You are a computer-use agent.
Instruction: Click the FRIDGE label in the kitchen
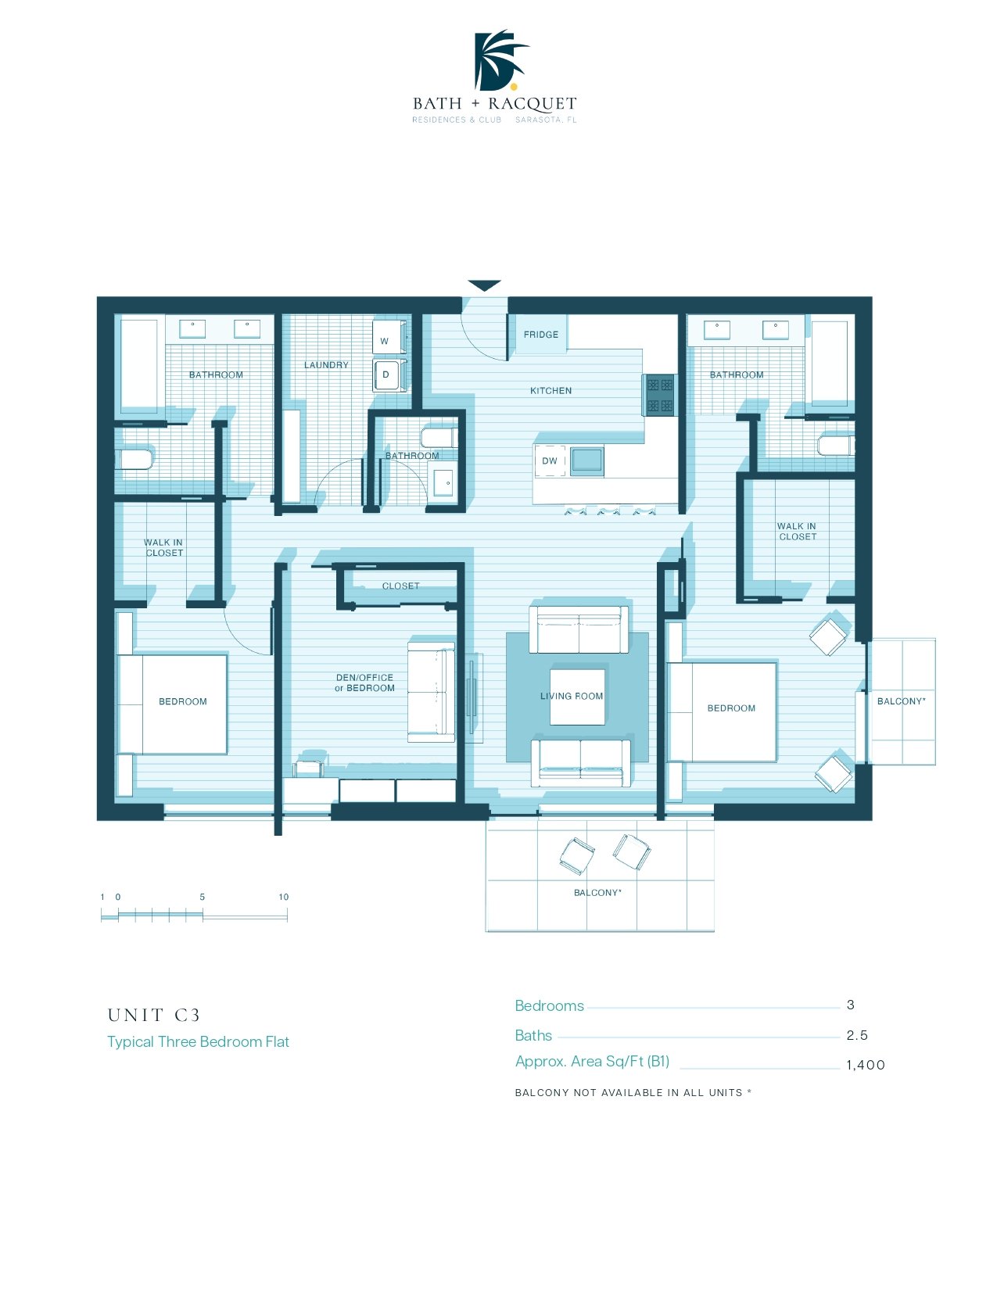(540, 334)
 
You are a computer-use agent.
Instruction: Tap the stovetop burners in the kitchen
(660, 395)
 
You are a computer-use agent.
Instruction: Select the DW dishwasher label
(549, 460)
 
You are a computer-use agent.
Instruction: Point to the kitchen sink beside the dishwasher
(586, 462)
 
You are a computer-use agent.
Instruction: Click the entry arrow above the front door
(484, 285)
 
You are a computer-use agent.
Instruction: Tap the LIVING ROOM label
(572, 696)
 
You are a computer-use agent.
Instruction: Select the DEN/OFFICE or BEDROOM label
(364, 683)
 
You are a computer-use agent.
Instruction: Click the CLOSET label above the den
(401, 586)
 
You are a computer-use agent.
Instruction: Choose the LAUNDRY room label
(326, 364)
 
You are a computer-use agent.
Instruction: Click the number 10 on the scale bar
(283, 897)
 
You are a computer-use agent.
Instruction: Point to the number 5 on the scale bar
(202, 897)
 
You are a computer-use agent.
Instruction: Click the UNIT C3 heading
(153, 1015)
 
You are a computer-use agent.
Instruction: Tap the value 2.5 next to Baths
(857, 1035)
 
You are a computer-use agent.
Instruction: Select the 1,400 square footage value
(865, 1065)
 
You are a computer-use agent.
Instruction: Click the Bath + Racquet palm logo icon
(500, 60)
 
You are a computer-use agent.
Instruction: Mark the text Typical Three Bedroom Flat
(198, 1042)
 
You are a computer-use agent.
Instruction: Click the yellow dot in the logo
(514, 87)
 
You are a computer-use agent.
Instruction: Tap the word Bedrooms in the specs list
(549, 1005)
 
